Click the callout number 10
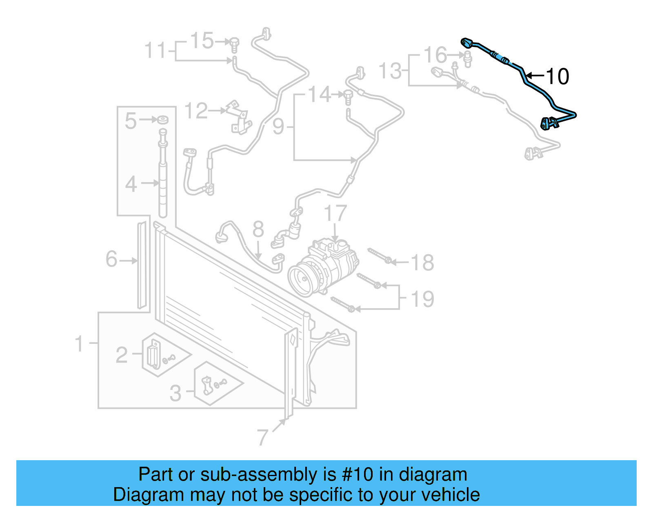click(557, 76)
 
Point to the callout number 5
click(131, 121)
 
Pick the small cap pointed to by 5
click(163, 120)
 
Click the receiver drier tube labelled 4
click(163, 188)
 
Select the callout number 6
click(111, 259)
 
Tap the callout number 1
click(79, 343)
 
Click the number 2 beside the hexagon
click(122, 355)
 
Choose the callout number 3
click(175, 393)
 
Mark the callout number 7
click(263, 437)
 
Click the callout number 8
click(258, 229)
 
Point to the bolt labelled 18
click(380, 256)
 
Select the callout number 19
click(423, 299)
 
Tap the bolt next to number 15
click(234, 44)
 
